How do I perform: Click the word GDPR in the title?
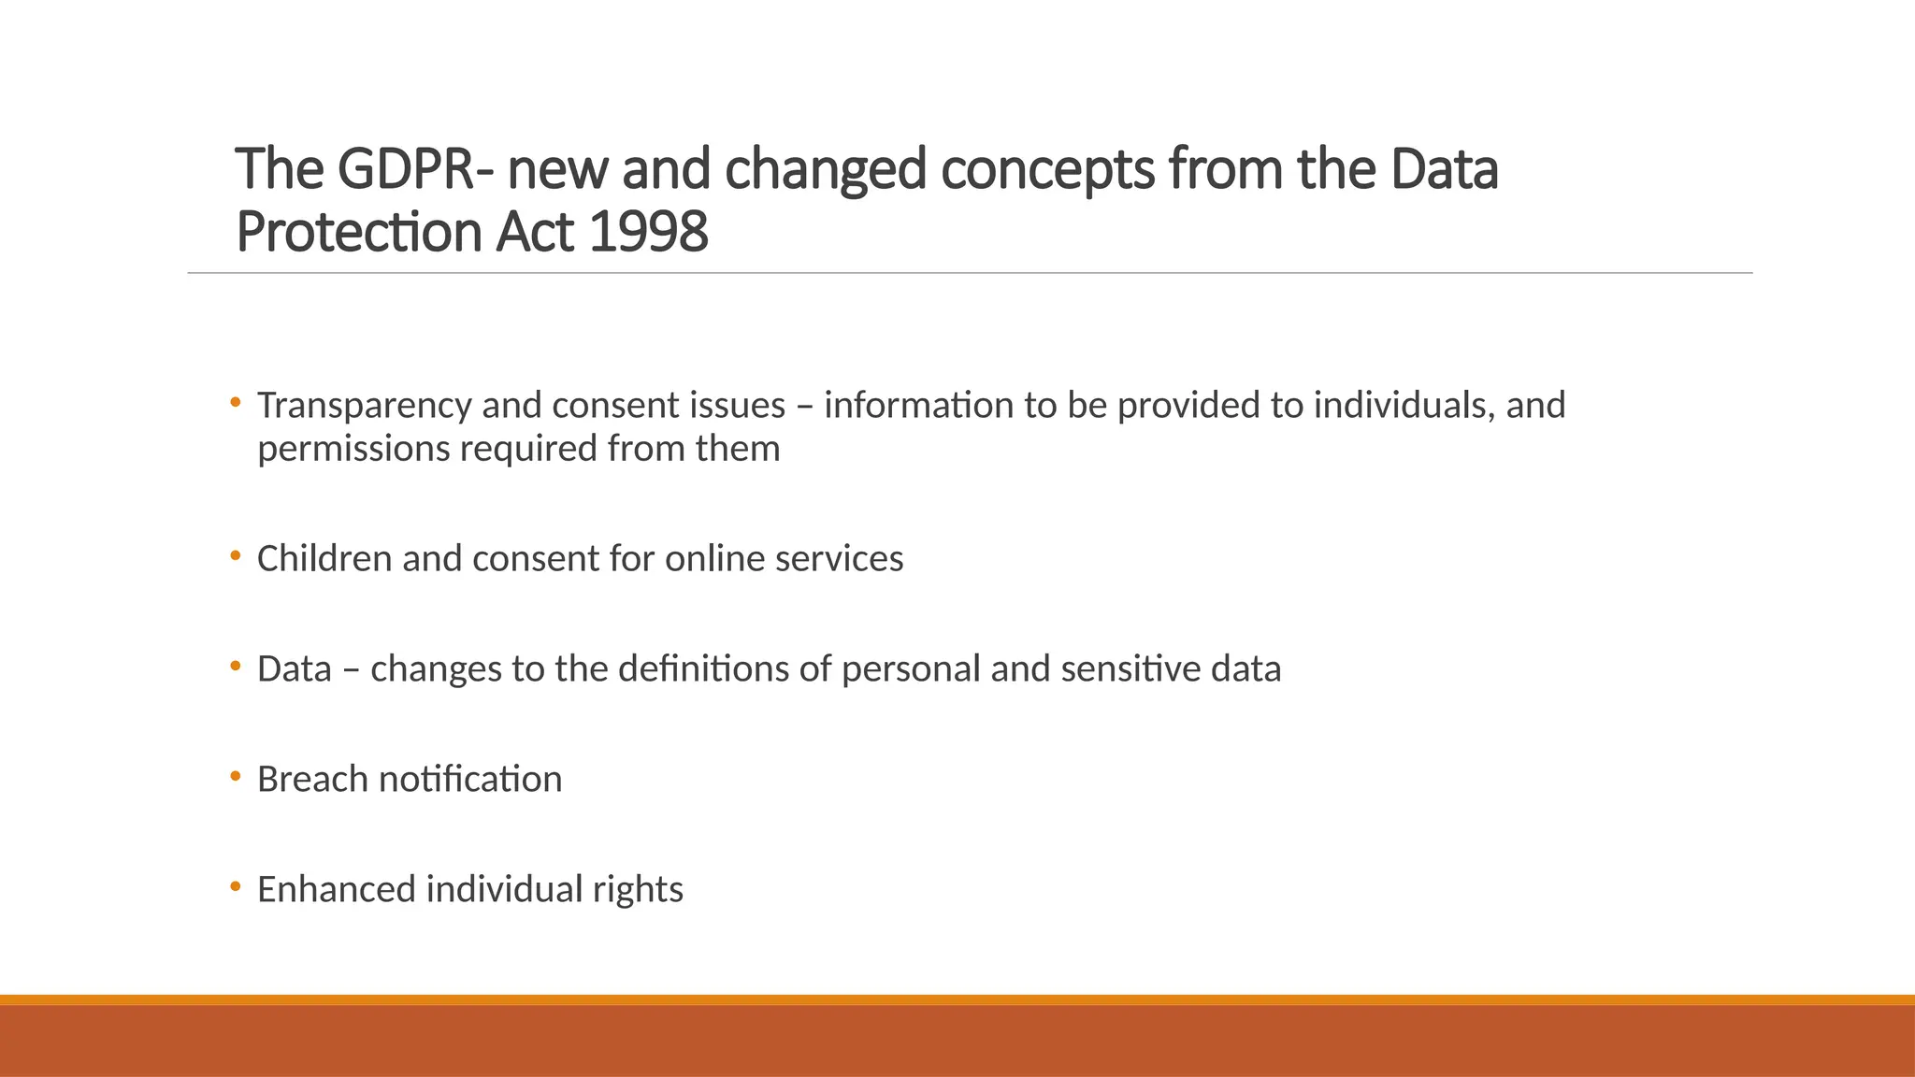[405, 169]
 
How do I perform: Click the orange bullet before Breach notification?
[236, 776]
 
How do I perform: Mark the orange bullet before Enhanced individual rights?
[236, 885]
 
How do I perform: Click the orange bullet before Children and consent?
[236, 555]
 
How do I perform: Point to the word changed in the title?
[825, 171]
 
